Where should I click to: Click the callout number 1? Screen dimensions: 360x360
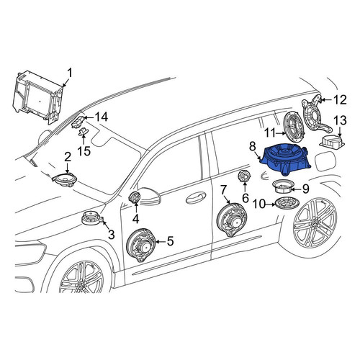(x=70, y=73)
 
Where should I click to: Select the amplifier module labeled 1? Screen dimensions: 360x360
(x=38, y=96)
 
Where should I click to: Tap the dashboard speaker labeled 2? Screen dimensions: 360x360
(x=64, y=179)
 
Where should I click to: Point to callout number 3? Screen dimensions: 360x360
(x=112, y=235)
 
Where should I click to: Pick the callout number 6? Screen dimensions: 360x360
(x=246, y=198)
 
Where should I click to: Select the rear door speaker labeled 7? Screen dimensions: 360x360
(x=232, y=220)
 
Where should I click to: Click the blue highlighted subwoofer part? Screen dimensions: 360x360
(x=286, y=161)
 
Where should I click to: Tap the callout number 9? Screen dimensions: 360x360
(x=305, y=189)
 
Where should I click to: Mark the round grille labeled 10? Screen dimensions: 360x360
(x=287, y=204)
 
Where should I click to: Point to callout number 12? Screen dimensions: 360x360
(x=341, y=100)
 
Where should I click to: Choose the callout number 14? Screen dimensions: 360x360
(x=102, y=117)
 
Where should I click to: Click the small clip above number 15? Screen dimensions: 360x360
(x=84, y=132)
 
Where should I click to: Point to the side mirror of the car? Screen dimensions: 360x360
(x=149, y=196)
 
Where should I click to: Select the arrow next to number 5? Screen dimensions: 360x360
(x=161, y=241)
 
